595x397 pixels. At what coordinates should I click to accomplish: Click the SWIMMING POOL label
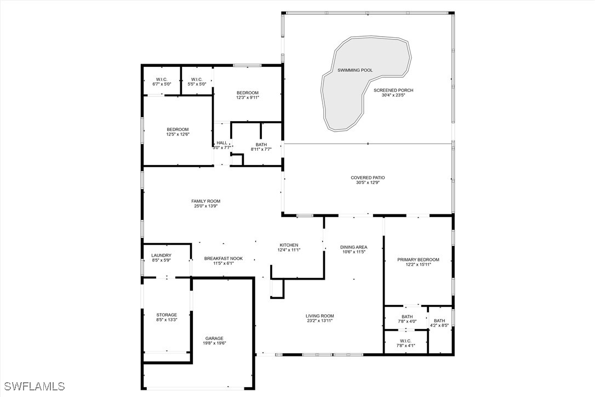[x=355, y=70]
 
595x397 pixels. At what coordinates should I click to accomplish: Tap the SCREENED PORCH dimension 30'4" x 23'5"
[x=393, y=95]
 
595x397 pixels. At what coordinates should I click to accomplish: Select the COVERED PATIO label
[x=368, y=178]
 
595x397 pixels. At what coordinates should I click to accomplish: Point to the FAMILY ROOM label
[x=205, y=201]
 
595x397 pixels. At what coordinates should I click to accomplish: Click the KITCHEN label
[x=289, y=245]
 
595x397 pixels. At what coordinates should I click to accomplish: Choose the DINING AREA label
[x=354, y=247]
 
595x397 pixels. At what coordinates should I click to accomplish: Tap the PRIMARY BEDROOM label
[x=418, y=260]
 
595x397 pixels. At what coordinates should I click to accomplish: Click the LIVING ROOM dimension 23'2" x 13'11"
[x=320, y=321]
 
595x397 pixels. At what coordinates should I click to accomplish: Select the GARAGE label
[x=214, y=338]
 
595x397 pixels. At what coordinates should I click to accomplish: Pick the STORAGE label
[x=167, y=315]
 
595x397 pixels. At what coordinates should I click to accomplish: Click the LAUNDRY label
[x=161, y=256]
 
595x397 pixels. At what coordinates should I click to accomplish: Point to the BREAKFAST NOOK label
[x=224, y=258]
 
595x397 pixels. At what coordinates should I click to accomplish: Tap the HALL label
[x=222, y=143]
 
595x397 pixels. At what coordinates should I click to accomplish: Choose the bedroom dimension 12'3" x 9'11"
[x=248, y=98]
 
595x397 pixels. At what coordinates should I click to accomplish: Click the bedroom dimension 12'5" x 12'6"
[x=178, y=134]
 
